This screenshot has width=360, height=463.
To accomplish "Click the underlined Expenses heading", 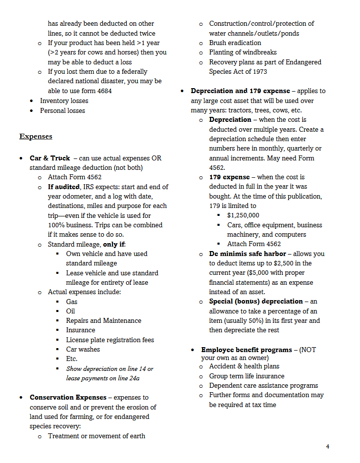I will [x=36, y=137].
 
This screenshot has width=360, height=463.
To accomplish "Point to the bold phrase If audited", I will [x=64, y=187].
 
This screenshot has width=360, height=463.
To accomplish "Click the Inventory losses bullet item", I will [x=64, y=101].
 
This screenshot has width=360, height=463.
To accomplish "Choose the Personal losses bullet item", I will [x=62, y=110].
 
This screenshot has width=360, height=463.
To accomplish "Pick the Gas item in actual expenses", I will [x=72, y=302].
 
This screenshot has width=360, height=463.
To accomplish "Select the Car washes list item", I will [x=83, y=350].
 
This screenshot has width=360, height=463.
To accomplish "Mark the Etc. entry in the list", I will [x=72, y=359].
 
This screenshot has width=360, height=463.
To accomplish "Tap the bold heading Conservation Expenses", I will [x=68, y=398].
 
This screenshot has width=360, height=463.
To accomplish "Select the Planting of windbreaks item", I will [x=243, y=52].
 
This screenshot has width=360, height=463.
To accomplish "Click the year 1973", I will [x=258, y=72].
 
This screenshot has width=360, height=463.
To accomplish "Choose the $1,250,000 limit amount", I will [x=243, y=215].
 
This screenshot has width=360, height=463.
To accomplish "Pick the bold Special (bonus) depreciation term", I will [x=256, y=302].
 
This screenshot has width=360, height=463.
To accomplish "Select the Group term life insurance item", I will [x=247, y=376].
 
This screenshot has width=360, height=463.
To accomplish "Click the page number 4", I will [x=327, y=447].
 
